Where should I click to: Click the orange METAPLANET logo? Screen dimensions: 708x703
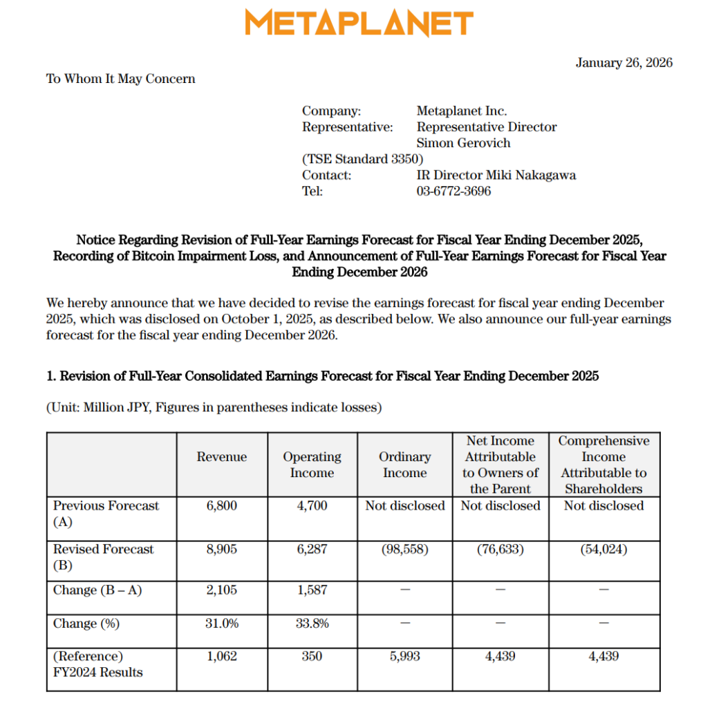pyautogui.click(x=359, y=24)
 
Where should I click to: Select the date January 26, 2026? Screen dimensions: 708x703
pyautogui.click(x=624, y=63)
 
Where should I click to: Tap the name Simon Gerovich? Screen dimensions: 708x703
pyautogui.click(x=463, y=143)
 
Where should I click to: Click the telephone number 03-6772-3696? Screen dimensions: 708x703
pyautogui.click(x=453, y=192)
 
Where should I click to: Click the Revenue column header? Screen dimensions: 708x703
pyautogui.click(x=221, y=457)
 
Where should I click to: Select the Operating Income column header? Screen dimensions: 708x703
pyautogui.click(x=312, y=465)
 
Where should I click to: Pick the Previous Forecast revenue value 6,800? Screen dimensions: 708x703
pyautogui.click(x=221, y=506)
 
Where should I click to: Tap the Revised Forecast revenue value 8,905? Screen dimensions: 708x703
pyautogui.click(x=221, y=550)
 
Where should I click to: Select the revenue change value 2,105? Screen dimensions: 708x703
pyautogui.click(x=221, y=590)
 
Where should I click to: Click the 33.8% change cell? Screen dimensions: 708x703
pyautogui.click(x=312, y=624)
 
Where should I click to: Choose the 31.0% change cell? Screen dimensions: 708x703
pyautogui.click(x=221, y=624)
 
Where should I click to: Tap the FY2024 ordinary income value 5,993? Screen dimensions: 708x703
pyautogui.click(x=404, y=657)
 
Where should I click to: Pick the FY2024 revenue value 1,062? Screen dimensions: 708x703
pyautogui.click(x=221, y=657)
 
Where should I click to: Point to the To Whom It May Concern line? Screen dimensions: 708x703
pyautogui.click(x=120, y=79)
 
